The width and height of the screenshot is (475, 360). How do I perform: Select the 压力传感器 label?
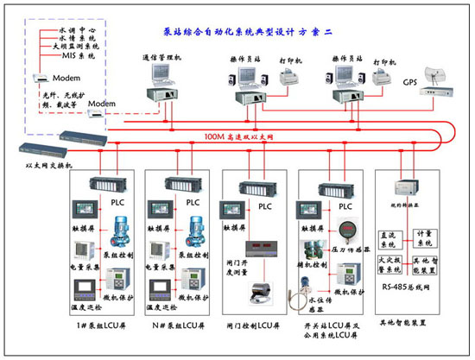pyautogui.click(x=350, y=256)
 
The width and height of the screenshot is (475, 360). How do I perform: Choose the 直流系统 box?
pyautogui.click(x=392, y=238)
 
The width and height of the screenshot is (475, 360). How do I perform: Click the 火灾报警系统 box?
pyautogui.click(x=392, y=263)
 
